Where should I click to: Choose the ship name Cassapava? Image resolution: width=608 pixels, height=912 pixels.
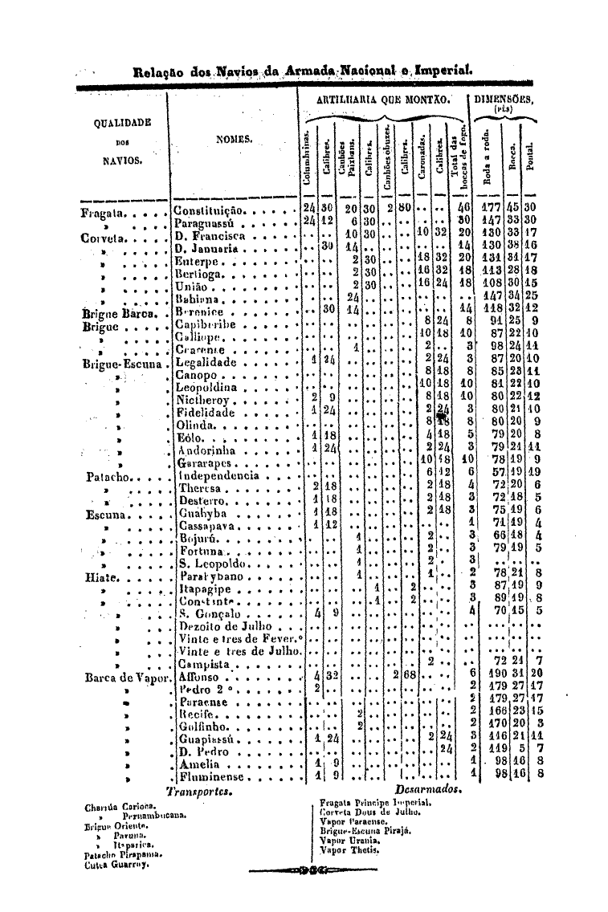pos(206,526)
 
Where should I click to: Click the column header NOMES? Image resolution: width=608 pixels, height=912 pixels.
pos(235,139)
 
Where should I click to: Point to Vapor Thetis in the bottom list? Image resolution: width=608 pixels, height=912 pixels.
pos(349,849)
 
